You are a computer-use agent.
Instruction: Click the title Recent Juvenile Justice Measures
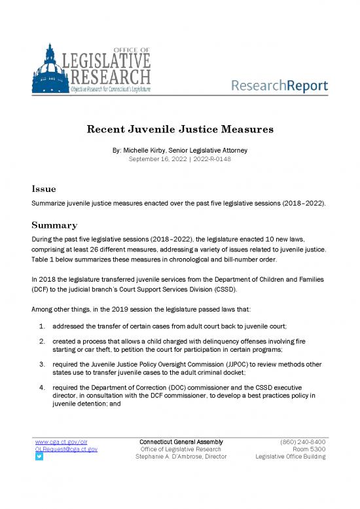(x=179, y=129)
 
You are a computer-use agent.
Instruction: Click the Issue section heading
(x=43, y=189)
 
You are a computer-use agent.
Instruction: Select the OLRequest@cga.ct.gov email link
(x=66, y=449)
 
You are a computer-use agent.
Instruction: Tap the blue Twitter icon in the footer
(x=39, y=457)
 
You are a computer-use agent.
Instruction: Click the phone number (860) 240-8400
(x=303, y=442)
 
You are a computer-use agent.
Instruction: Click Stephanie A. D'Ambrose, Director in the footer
(x=181, y=457)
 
